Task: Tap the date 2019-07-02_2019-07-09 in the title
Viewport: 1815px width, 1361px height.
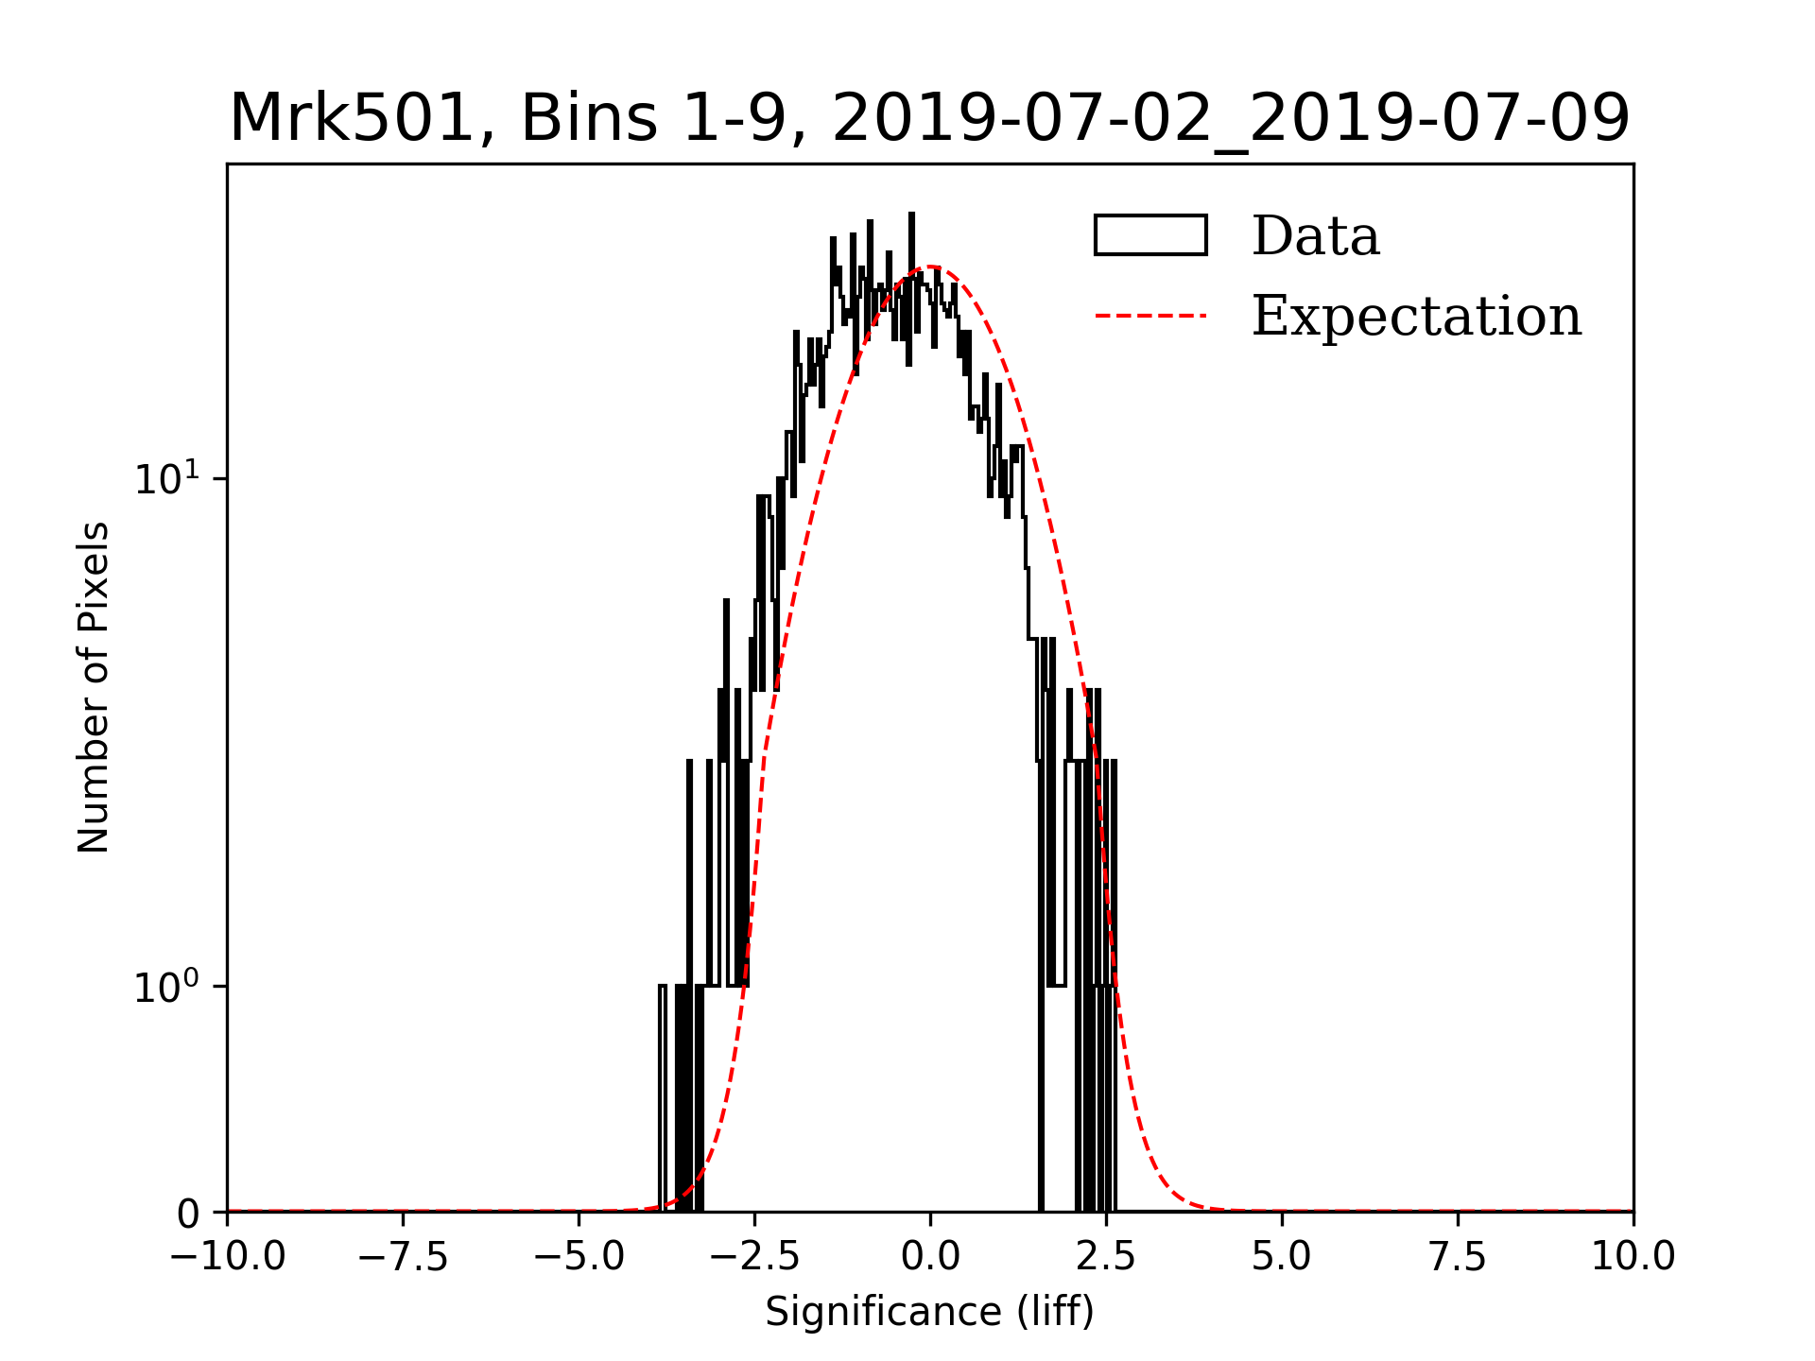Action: [x=1231, y=119]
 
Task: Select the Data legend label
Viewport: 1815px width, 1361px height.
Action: [x=1315, y=236]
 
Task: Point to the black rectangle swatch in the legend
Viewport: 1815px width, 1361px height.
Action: [x=1150, y=235]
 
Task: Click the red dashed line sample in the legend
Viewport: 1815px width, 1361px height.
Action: [x=1150, y=316]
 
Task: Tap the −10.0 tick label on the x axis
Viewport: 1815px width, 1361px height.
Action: [x=227, y=1257]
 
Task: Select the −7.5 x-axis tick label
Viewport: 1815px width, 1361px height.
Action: [x=403, y=1257]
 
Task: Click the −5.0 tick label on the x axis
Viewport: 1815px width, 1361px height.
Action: [x=579, y=1257]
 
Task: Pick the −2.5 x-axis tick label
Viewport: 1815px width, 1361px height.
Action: [x=754, y=1257]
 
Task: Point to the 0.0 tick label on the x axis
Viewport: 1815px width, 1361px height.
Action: [x=930, y=1257]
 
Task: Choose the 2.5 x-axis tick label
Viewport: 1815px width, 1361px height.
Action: [x=1106, y=1257]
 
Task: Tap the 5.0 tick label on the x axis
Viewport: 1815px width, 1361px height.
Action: [x=1282, y=1257]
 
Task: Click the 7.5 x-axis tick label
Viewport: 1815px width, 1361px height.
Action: [x=1458, y=1257]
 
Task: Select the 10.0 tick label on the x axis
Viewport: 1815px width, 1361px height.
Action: [x=1633, y=1257]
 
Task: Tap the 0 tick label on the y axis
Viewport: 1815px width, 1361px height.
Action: [x=188, y=1214]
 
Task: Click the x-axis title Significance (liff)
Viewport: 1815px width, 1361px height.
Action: [x=930, y=1312]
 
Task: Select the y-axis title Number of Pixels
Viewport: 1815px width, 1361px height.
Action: [x=94, y=687]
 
